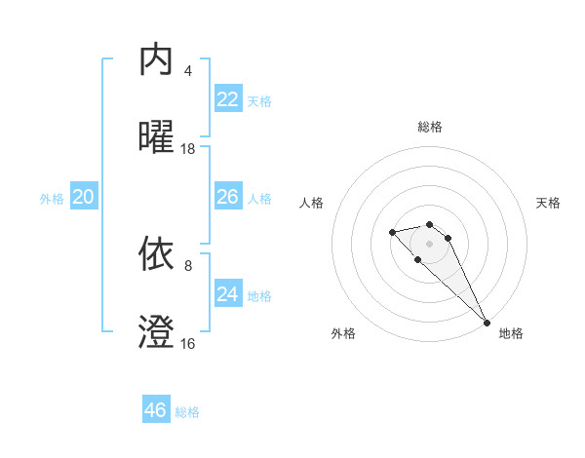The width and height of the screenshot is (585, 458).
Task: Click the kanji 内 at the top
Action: [x=156, y=59]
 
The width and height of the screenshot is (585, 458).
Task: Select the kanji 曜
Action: [x=156, y=137]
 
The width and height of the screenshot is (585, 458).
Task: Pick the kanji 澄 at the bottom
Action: [x=156, y=332]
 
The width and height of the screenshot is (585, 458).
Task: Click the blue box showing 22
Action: [x=228, y=99]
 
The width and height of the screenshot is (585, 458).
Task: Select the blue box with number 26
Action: [x=228, y=197]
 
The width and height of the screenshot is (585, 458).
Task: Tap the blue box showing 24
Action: [x=228, y=294]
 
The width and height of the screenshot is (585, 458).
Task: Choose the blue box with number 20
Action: [x=84, y=197]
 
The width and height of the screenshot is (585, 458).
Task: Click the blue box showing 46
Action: [x=156, y=410]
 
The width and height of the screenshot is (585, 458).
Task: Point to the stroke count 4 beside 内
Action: [x=188, y=70]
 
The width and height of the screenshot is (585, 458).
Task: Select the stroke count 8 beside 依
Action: [x=188, y=265]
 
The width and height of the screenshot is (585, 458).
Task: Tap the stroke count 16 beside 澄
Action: [x=188, y=343]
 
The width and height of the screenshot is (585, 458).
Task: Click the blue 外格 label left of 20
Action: [x=52, y=199]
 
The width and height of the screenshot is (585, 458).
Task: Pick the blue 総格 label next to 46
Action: [x=188, y=412]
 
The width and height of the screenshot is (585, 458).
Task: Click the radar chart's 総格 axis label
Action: [x=430, y=128]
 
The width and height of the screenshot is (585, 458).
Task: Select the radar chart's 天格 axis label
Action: [x=548, y=203]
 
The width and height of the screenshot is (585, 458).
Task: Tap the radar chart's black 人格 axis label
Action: [x=312, y=203]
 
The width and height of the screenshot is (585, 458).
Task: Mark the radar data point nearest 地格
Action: [x=487, y=323]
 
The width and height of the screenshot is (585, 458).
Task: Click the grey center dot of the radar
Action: [x=430, y=243]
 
